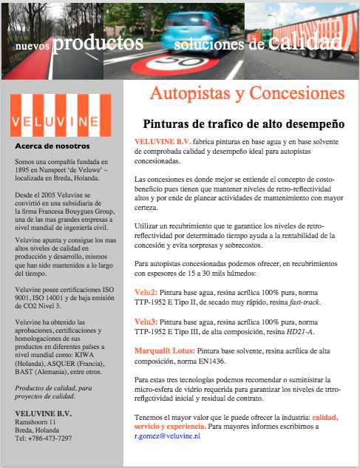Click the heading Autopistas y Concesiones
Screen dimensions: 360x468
(x=248, y=95)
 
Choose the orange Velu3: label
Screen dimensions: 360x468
(x=146, y=322)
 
